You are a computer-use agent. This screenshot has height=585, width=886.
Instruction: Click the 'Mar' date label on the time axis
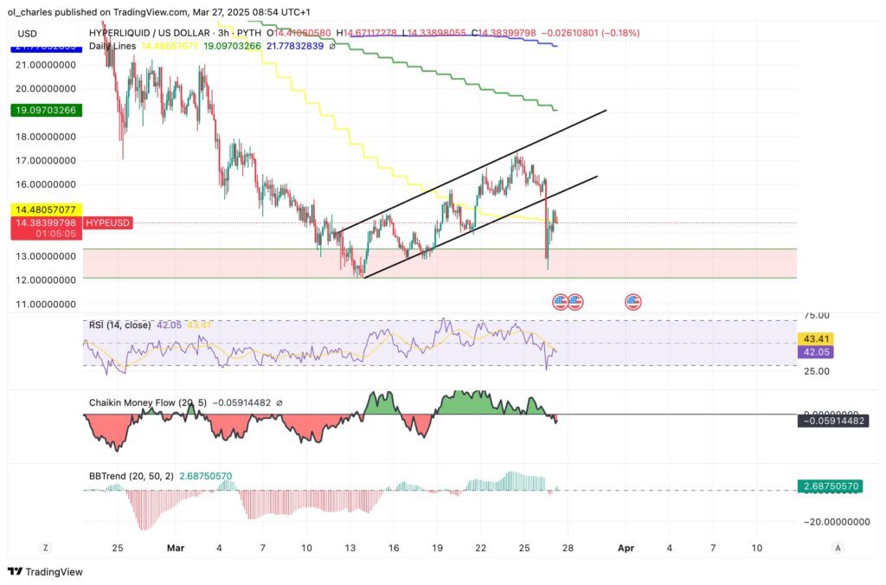176,548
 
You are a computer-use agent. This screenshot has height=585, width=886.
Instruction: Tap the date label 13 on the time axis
350,548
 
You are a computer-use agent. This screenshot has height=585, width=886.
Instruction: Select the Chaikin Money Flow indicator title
138,402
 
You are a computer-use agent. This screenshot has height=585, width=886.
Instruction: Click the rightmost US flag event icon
632,301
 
